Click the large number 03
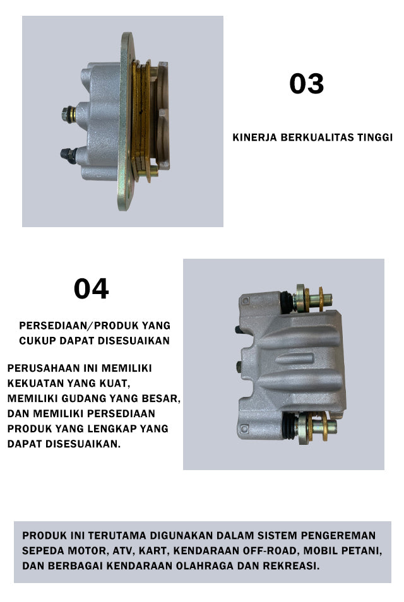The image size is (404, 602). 306,84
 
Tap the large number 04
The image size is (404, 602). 91,289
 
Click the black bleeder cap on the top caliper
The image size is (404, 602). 69,155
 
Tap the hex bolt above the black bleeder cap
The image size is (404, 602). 69,114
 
